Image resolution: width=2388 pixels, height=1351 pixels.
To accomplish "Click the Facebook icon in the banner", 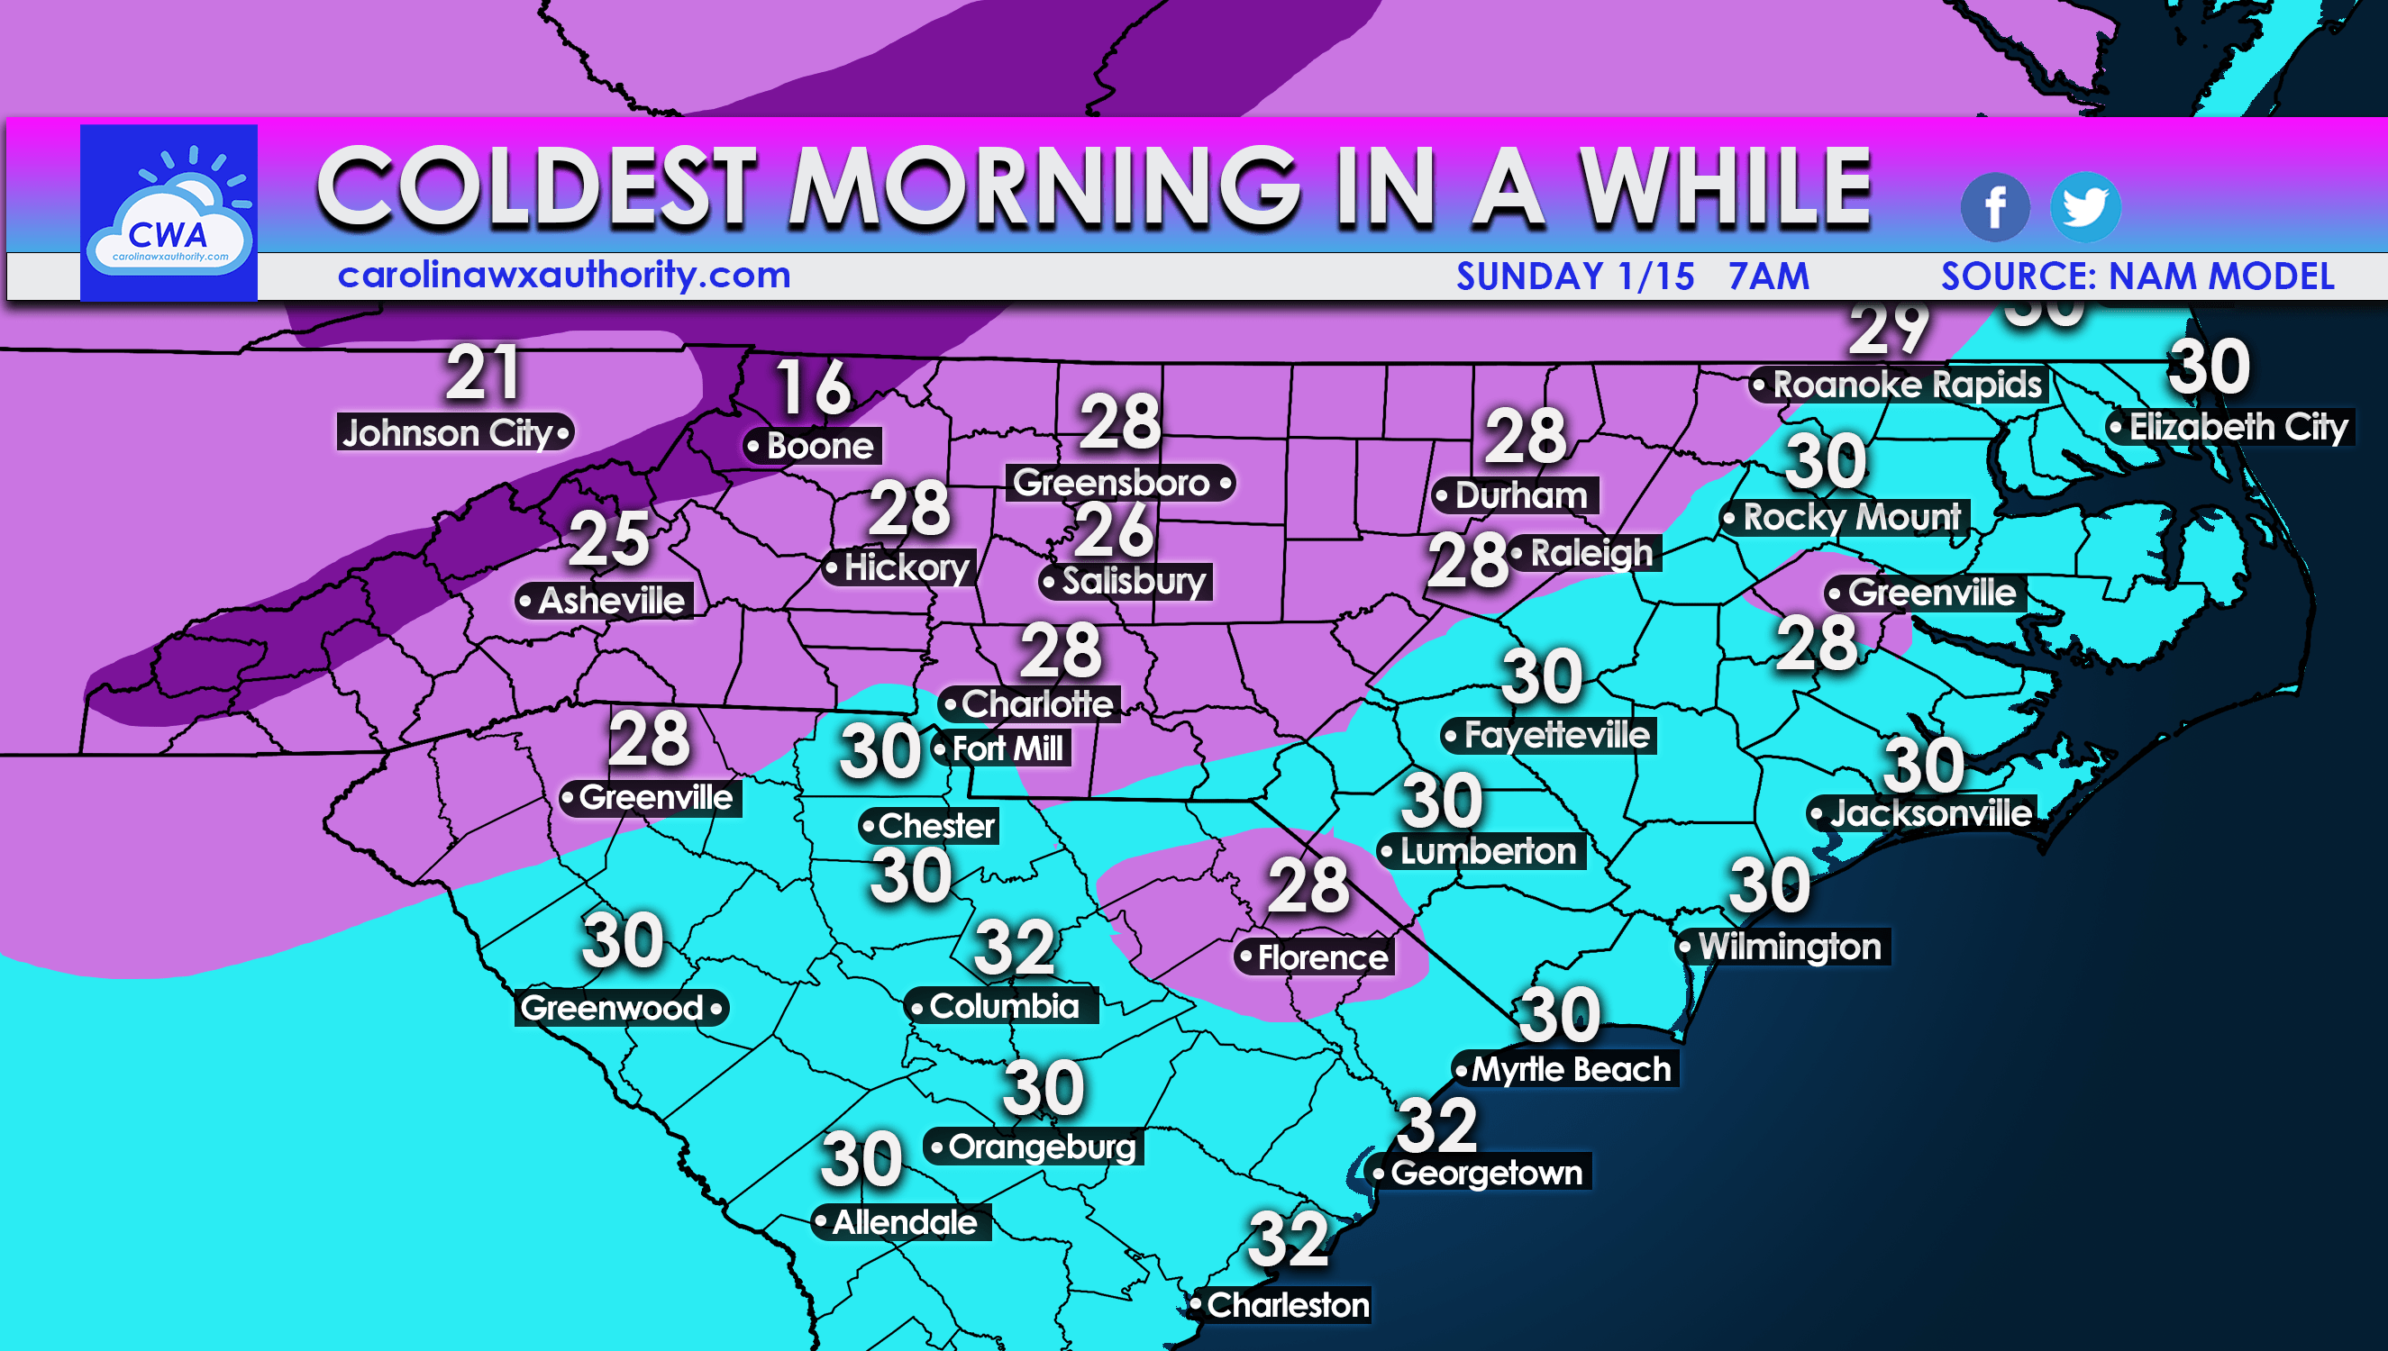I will (x=1994, y=207).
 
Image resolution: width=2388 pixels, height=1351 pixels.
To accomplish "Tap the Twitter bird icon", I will (x=2084, y=207).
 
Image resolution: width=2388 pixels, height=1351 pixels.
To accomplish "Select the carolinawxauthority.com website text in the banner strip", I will (x=563, y=276).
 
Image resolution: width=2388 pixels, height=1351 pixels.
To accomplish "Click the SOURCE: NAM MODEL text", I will (x=2137, y=277).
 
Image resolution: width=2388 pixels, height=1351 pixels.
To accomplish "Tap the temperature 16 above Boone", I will (x=813, y=388).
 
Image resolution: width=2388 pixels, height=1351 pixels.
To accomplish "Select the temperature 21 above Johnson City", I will (x=483, y=373).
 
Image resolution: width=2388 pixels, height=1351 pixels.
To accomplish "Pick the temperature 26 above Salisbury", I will (x=1114, y=530).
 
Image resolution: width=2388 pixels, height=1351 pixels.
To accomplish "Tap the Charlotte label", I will (x=1030, y=703).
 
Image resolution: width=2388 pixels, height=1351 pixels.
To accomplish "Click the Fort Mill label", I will (x=1002, y=748).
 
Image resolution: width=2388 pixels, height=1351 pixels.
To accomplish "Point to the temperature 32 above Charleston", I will (x=1289, y=1238).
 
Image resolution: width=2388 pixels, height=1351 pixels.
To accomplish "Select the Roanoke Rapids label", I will (x=1899, y=385).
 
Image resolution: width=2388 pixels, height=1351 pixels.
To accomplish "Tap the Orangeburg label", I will (x=1034, y=1147).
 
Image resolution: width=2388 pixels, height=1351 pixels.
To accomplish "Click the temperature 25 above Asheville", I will (x=609, y=539).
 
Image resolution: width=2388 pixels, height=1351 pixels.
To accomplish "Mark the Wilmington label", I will (x=1782, y=947).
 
